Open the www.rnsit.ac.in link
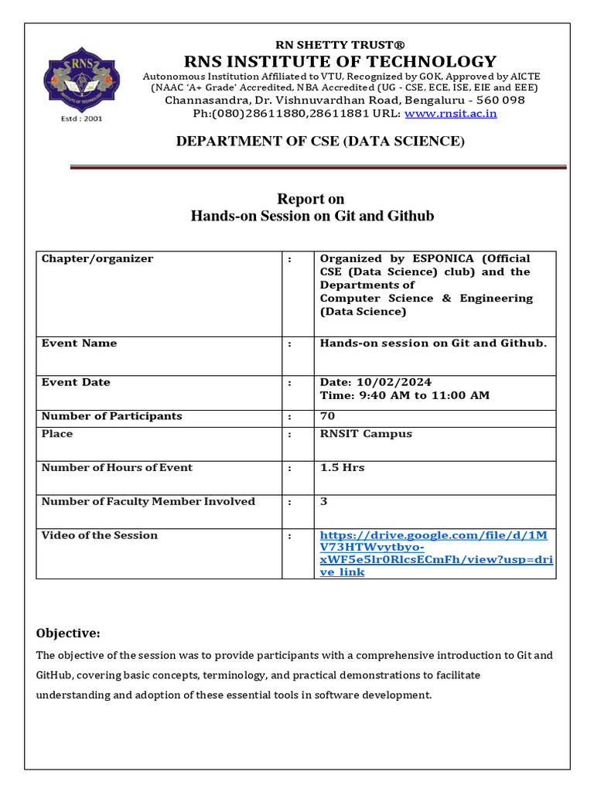point(450,114)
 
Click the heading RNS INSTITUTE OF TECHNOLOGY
point(340,61)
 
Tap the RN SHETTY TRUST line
point(340,45)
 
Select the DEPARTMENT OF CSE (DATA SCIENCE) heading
point(320,141)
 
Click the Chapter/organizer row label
point(97,258)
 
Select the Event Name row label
point(79,343)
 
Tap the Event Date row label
point(76,382)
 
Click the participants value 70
point(327,416)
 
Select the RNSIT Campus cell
point(366,434)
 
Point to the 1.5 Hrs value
point(342,468)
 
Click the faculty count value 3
point(324,501)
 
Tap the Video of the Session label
point(99,535)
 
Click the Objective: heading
point(68,633)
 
